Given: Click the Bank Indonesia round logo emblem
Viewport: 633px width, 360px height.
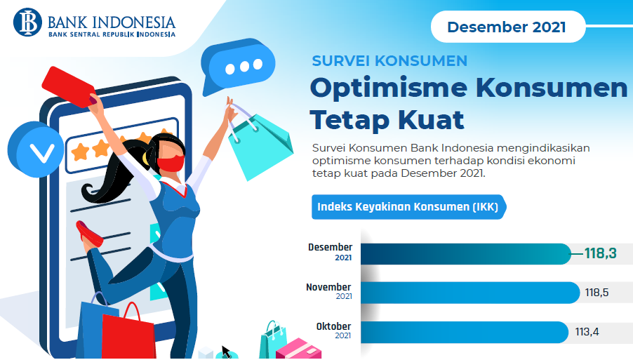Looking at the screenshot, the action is tap(27, 22).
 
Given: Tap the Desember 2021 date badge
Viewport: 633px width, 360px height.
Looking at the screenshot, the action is tap(508, 27).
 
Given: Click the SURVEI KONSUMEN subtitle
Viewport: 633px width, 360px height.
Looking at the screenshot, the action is tap(389, 61).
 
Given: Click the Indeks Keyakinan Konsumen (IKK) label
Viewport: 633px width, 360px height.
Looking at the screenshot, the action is tap(408, 207).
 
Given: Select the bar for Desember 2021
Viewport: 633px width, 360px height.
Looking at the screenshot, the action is tap(466, 254).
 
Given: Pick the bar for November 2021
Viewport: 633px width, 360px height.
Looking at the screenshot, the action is tap(470, 293).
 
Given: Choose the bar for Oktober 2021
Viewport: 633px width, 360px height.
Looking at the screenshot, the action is tap(465, 332).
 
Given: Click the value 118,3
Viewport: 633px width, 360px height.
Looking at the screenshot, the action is tap(600, 253).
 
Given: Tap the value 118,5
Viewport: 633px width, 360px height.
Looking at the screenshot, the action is tap(597, 293).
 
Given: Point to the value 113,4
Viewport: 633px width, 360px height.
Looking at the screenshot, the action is tap(587, 332).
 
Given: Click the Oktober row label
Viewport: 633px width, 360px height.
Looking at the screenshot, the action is tap(333, 326).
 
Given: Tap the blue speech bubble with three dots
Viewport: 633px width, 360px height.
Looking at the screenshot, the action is tap(237, 66).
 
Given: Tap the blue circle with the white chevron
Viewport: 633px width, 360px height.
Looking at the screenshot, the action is tap(36, 149).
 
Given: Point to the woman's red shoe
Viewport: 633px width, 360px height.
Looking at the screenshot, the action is tap(89, 234).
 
